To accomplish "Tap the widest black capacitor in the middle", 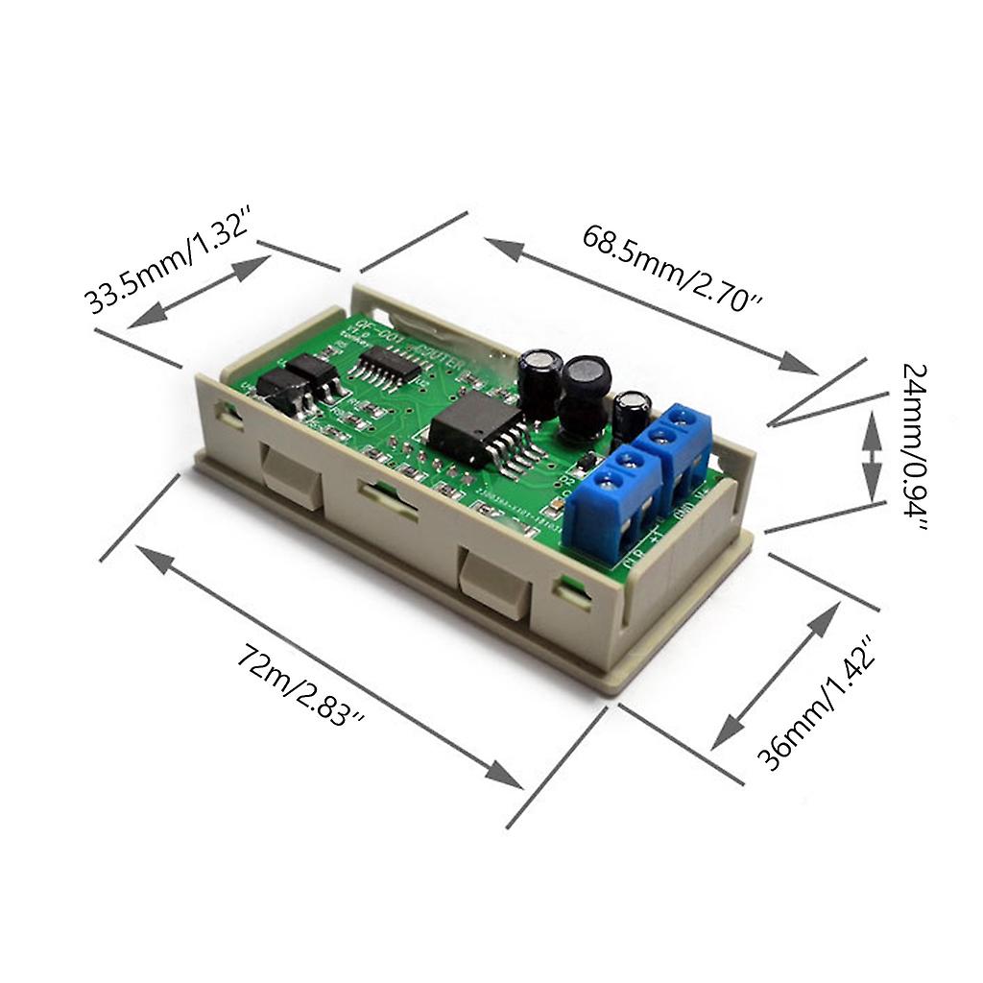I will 585,393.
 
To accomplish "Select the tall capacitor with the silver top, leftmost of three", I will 540,380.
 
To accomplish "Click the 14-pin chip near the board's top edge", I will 389,366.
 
